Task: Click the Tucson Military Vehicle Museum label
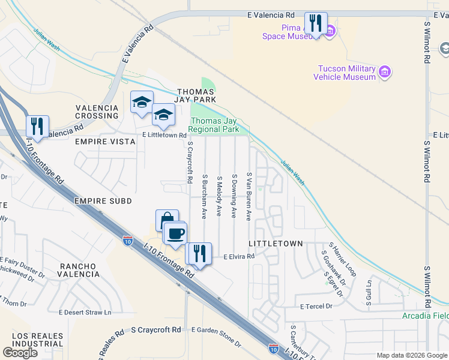click(x=345, y=73)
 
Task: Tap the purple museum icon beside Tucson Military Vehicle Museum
click(x=385, y=73)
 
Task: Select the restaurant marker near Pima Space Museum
click(x=316, y=24)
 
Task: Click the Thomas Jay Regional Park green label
click(x=214, y=125)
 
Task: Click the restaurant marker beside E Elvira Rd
click(x=199, y=254)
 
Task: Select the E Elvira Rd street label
click(x=239, y=256)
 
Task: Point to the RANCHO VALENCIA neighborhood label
click(x=79, y=269)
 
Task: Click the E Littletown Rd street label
click(x=164, y=136)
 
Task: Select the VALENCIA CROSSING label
click(x=97, y=112)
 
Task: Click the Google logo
click(x=20, y=353)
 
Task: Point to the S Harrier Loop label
click(x=342, y=259)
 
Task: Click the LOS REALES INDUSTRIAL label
click(x=37, y=339)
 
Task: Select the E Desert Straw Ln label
click(x=85, y=312)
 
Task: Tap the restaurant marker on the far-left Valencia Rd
click(x=38, y=127)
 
